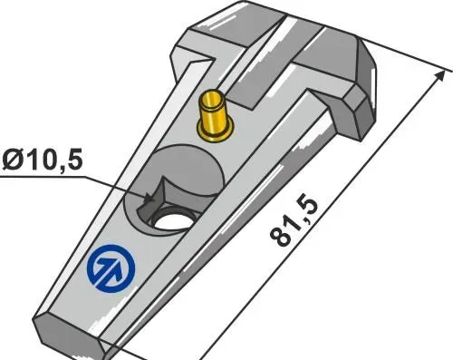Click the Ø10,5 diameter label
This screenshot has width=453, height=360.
point(42,160)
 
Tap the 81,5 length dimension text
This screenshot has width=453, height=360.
point(294,222)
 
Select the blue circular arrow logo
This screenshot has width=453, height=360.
point(111,268)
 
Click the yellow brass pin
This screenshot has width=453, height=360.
point(215,115)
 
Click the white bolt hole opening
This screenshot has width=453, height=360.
point(173,221)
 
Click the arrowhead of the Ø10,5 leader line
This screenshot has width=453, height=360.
point(149,199)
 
